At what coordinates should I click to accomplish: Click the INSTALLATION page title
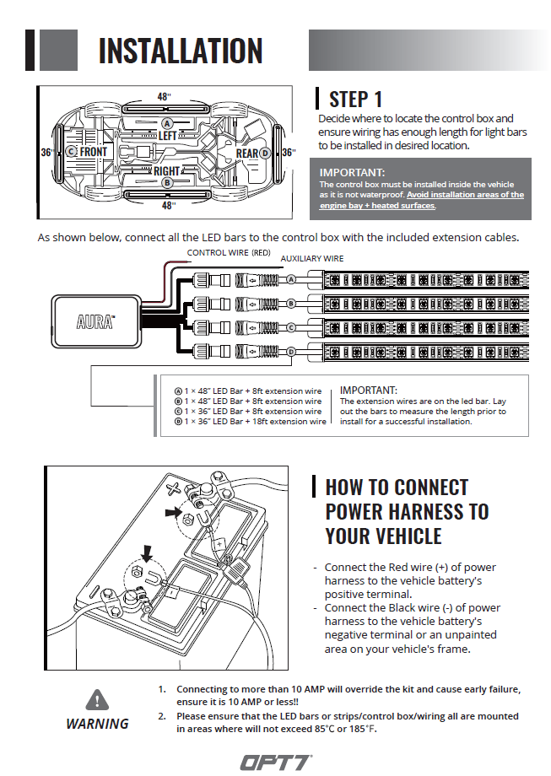[180, 51]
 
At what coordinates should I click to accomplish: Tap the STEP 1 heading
[355, 100]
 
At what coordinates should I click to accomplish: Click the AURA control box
[97, 321]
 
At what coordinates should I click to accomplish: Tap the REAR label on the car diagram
[247, 154]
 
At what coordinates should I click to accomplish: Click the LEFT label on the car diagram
[167, 135]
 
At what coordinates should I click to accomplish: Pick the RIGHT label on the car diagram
[166, 171]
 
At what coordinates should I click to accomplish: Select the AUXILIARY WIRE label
[311, 258]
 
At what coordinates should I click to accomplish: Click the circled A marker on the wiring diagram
[291, 279]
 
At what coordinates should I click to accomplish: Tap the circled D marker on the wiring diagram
[291, 351]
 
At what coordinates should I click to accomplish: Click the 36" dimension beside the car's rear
[289, 153]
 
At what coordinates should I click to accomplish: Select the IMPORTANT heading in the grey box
[352, 173]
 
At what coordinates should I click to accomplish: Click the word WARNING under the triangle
[98, 724]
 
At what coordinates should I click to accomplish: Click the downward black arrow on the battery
[149, 553]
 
